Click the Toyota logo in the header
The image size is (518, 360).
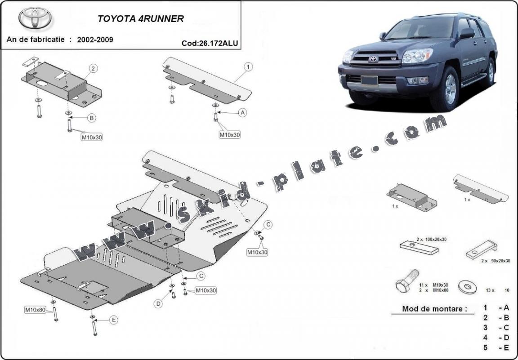(x=35, y=18)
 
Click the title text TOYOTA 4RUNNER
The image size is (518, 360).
(x=141, y=19)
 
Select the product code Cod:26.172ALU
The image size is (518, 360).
(x=210, y=44)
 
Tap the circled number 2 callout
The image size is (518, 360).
(x=93, y=69)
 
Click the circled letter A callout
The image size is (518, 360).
(x=243, y=113)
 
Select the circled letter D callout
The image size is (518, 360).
(x=158, y=304)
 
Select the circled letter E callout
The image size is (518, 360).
(x=114, y=320)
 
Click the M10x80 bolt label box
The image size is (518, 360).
(x=35, y=310)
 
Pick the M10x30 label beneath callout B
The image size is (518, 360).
(x=92, y=137)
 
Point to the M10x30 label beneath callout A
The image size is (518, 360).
(x=230, y=134)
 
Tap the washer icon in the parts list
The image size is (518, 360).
(x=466, y=285)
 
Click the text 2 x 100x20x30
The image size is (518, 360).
(x=431, y=240)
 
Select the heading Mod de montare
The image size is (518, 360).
(x=428, y=309)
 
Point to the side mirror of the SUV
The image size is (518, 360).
(x=467, y=33)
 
